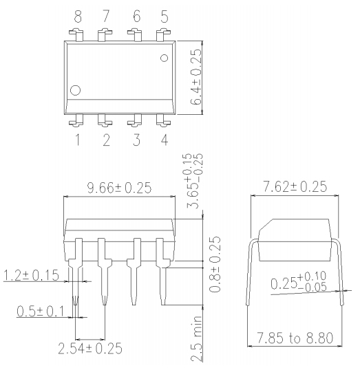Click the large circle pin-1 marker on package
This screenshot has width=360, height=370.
click(76, 89)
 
